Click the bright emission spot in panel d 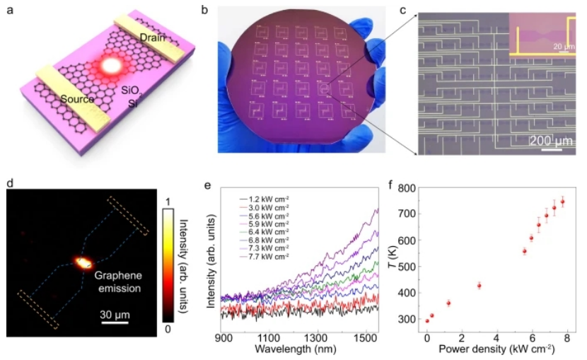pyautogui.click(x=83, y=262)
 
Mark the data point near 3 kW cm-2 pyautogui.click(x=480, y=286)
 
